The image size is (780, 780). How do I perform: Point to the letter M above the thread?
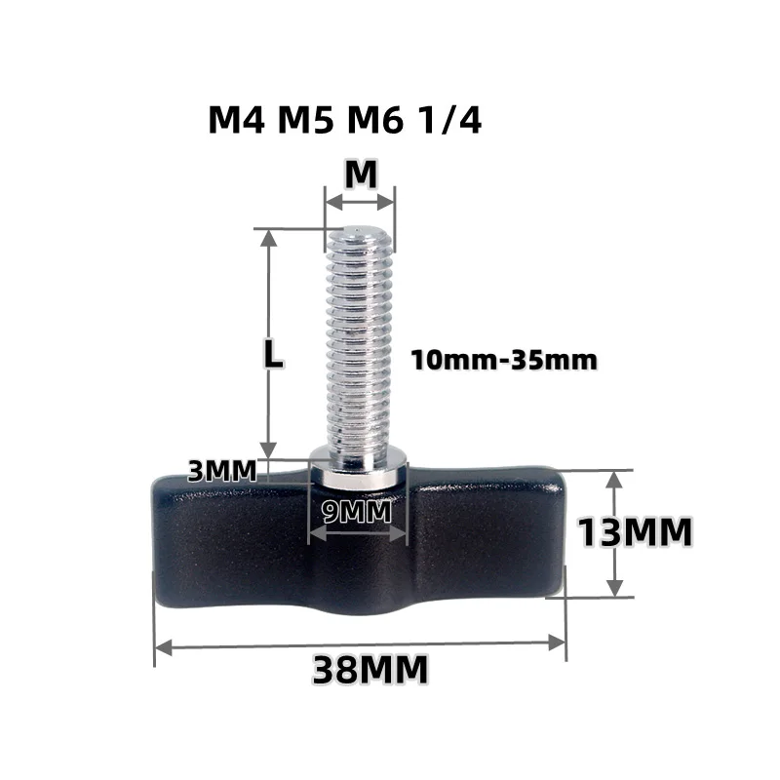361,174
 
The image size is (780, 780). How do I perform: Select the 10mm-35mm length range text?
503,360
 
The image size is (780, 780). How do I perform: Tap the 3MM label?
222,471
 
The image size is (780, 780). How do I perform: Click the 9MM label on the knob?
357,509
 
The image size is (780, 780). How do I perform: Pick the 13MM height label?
635,533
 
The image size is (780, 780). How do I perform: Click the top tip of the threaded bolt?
360,231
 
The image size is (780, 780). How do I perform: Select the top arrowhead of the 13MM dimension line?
613,479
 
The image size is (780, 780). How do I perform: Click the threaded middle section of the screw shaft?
359,341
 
